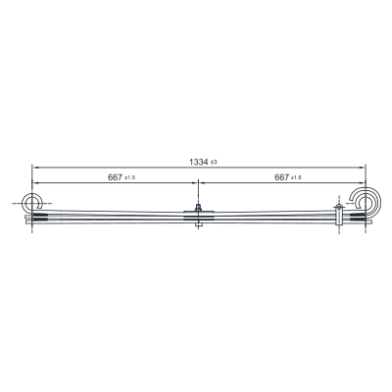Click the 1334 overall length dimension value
pyautogui.click(x=199, y=162)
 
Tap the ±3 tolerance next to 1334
pyautogui.click(x=214, y=163)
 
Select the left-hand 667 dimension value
pyautogui.click(x=115, y=177)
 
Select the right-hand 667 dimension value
pyautogui.click(x=282, y=177)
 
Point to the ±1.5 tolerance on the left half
pyautogui.click(x=130, y=178)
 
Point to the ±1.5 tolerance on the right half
pyautogui.click(x=297, y=178)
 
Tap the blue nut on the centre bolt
pyautogui.click(x=198, y=207)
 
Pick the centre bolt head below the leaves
pyautogui.click(x=198, y=225)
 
